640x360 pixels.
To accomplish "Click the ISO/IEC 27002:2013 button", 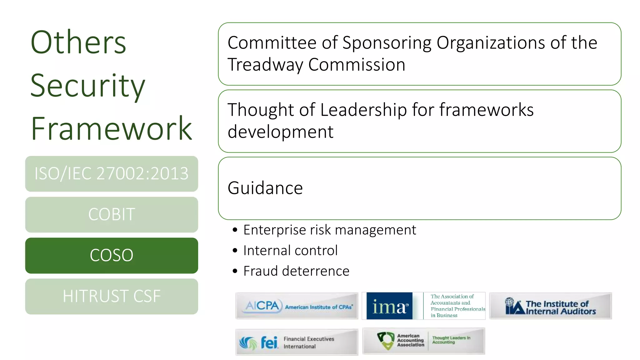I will point(112,174).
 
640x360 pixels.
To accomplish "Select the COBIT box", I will point(112,215).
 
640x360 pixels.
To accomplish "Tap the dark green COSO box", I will point(112,255).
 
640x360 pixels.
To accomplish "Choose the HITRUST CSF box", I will point(112,296).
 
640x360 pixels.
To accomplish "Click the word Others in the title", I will point(78,42).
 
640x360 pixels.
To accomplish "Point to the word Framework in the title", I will point(111,128).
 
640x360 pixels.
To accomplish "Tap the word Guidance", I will point(265,188).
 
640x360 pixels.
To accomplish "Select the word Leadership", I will point(363,110).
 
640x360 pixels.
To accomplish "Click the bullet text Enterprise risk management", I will point(329,230).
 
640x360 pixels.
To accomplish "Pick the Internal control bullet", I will point(290,251).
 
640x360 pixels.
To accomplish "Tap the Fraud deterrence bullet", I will point(296,271).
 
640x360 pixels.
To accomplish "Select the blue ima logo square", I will point(389,306).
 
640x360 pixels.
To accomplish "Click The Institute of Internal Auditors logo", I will point(550,306).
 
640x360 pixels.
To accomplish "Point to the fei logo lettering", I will point(269,343).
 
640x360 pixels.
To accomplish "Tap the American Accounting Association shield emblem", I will point(386,341).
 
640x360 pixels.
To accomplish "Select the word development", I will point(280,132).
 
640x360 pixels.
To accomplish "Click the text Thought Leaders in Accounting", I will point(451,340).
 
